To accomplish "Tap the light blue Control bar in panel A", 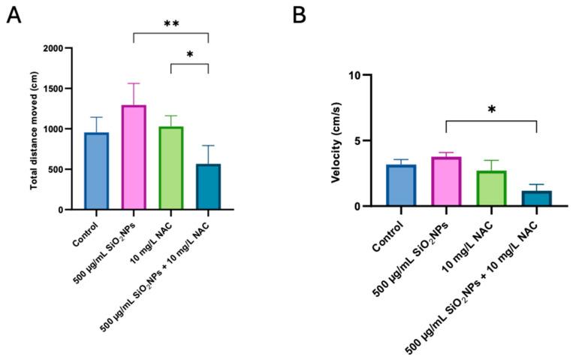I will pos(96,171).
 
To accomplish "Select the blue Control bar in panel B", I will pos(401,186).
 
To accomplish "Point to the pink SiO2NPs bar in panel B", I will pos(446,182).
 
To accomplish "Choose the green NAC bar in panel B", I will pos(492,189).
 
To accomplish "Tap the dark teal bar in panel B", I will pos(537,198).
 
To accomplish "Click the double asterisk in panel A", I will pos(171,25).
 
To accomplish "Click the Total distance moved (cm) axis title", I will pos(33,129).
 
